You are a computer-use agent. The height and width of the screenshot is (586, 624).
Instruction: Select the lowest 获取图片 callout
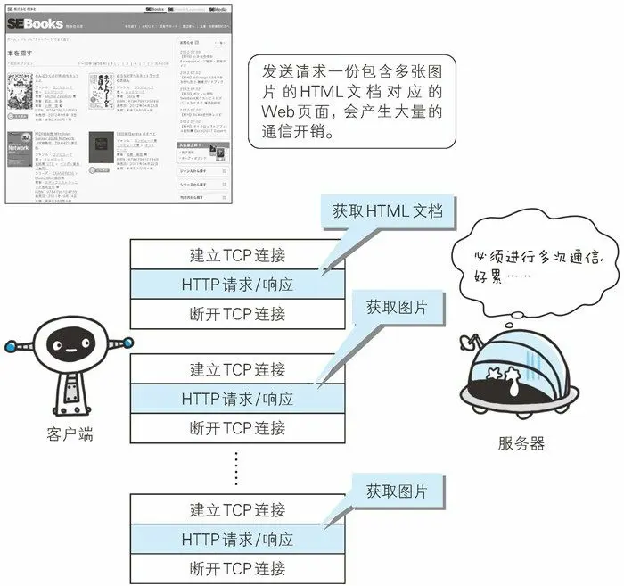(x=396, y=491)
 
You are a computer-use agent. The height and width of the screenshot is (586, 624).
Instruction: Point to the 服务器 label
(x=521, y=442)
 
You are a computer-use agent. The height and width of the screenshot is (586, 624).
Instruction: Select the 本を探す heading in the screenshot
(x=20, y=54)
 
